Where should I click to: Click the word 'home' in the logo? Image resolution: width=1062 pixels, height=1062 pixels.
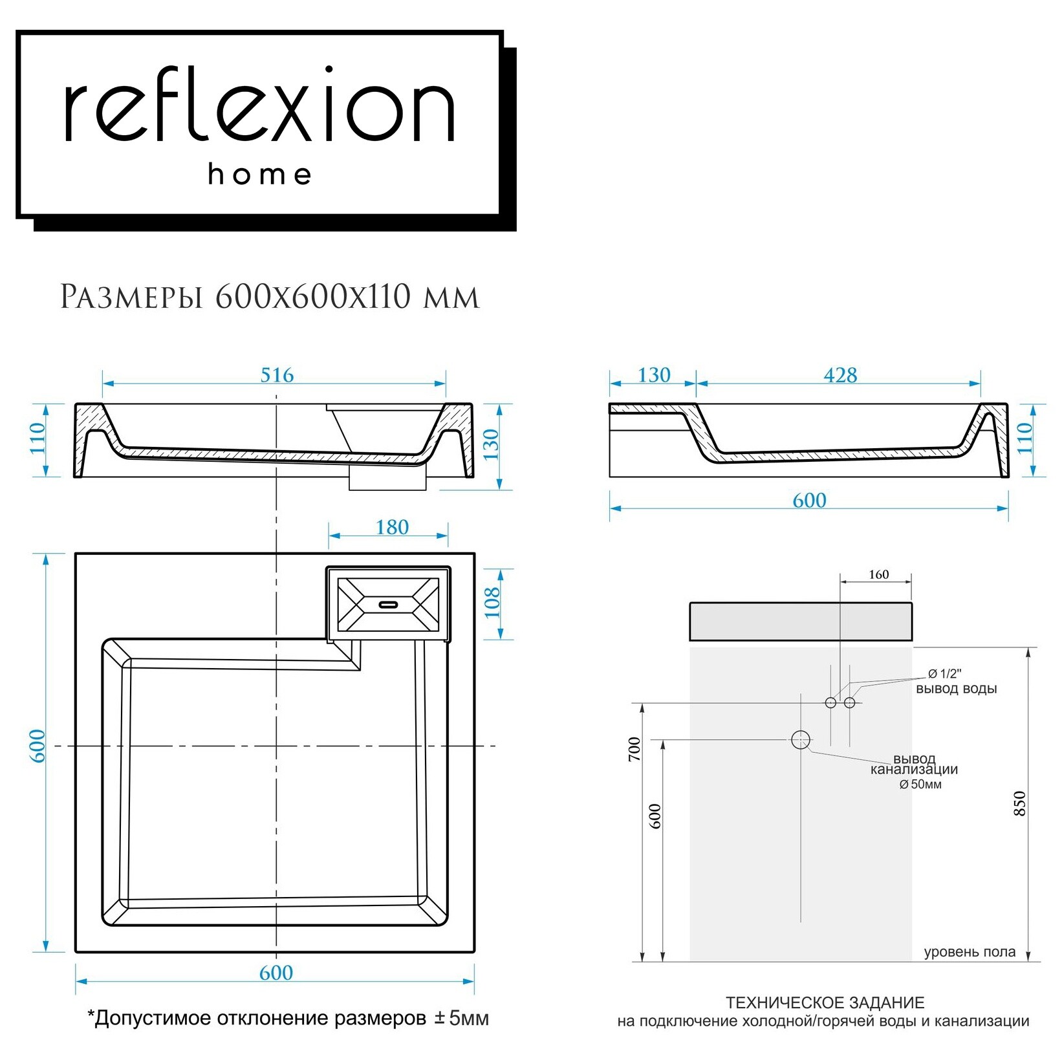coord(260,174)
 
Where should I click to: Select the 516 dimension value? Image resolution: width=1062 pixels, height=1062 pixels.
coord(277,375)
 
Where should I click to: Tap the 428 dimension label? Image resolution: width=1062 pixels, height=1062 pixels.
coord(840,375)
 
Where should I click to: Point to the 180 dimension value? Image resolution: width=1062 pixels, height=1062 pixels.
coord(392,527)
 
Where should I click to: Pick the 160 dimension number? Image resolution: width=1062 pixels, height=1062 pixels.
coord(878,574)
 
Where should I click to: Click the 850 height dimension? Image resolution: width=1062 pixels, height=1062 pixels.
coord(1020,803)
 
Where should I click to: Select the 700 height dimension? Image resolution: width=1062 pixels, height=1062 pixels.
coord(634,748)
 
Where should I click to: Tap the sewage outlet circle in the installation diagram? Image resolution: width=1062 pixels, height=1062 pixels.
coord(801,739)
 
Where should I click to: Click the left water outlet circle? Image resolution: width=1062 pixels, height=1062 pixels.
coord(831,702)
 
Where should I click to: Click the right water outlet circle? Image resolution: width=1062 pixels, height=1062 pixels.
coord(850,702)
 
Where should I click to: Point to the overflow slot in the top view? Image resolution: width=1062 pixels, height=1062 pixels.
coord(388,605)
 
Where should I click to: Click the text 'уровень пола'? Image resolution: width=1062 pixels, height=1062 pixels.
coord(970,952)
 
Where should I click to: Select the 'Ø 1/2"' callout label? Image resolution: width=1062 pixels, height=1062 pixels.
coord(945,674)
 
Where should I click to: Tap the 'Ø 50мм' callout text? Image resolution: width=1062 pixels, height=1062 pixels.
coord(920,785)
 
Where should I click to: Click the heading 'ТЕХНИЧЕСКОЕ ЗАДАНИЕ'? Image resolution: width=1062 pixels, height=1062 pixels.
coord(825,1002)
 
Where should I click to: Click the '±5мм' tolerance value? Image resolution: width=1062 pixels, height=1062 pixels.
coord(462,1018)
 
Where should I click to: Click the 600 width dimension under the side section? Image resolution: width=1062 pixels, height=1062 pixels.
coord(809,501)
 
